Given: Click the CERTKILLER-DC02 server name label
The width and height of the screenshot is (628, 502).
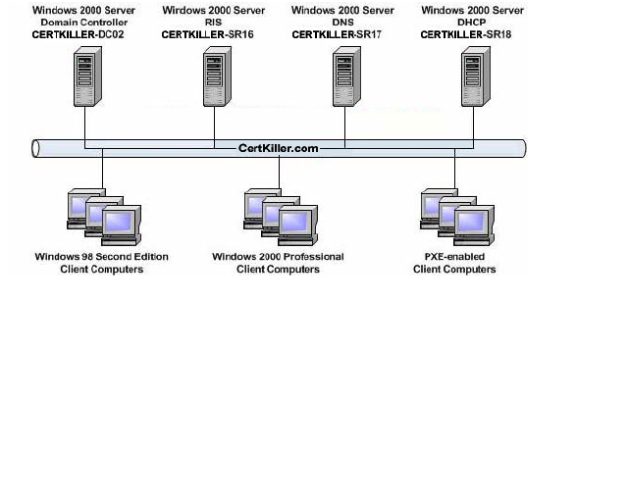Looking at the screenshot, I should pyautogui.click(x=83, y=33).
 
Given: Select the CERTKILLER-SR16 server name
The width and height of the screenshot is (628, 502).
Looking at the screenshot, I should pyautogui.click(x=211, y=33).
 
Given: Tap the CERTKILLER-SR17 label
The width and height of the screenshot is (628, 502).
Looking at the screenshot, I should pyautogui.click(x=340, y=33).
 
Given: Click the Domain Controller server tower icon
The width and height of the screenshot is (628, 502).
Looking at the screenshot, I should pyautogui.click(x=85, y=78).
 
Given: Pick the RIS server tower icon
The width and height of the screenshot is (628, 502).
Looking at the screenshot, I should pyautogui.click(x=216, y=78).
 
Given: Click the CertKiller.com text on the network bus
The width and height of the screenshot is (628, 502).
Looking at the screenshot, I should pyautogui.click(x=278, y=148).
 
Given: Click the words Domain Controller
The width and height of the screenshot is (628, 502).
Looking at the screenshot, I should pyautogui.click(x=84, y=22).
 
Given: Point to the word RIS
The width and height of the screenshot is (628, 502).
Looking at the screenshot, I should pyautogui.click(x=213, y=22).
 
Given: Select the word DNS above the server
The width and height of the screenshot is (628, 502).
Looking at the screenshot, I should pyautogui.click(x=340, y=22).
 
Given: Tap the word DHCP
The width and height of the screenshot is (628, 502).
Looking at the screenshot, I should pyautogui.click(x=469, y=22).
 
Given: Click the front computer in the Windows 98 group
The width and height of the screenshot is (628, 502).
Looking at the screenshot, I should pyautogui.click(x=122, y=225).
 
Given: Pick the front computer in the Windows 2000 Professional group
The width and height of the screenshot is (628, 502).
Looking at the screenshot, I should pyautogui.click(x=297, y=225).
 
